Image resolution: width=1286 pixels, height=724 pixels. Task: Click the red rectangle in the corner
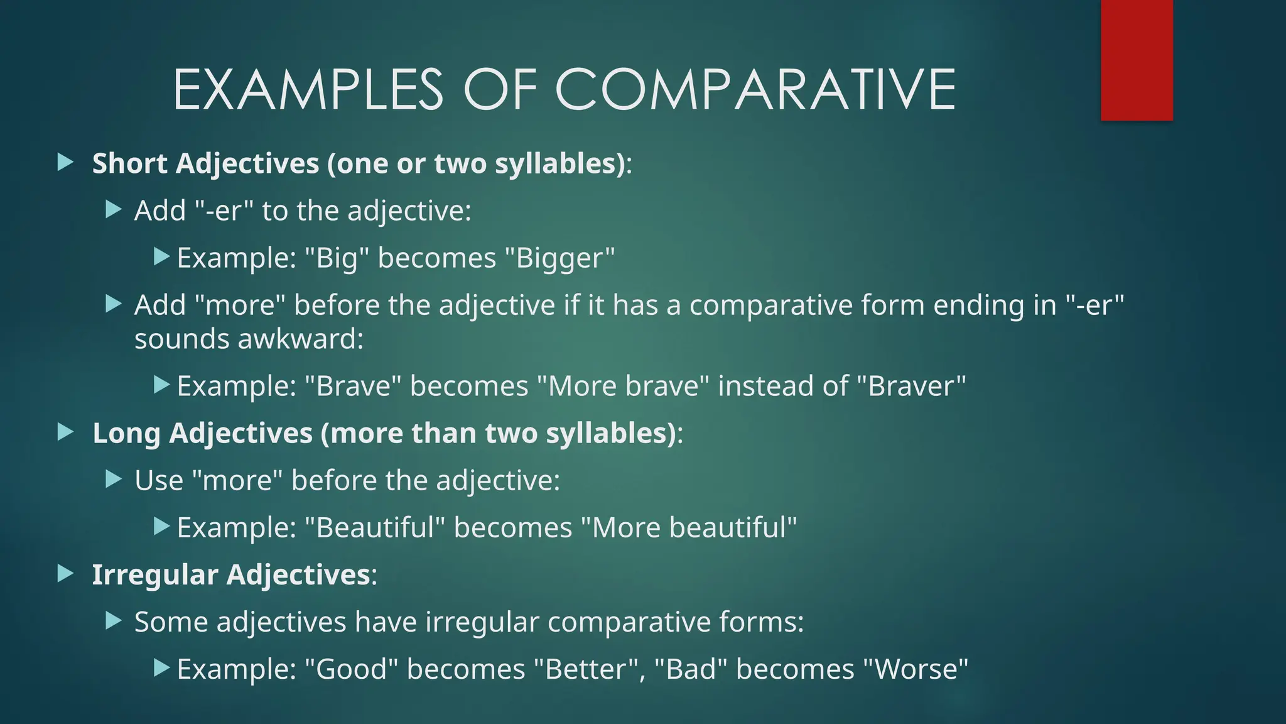tap(1137, 60)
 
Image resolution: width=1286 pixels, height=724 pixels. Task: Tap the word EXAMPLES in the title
tap(308, 90)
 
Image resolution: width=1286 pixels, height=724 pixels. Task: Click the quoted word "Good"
tap(351, 669)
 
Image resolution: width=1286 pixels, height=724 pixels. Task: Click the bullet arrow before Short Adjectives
tap(65, 163)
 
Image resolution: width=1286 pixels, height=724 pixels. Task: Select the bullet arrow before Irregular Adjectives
tap(65, 573)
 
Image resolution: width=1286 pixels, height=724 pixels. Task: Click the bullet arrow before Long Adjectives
tap(65, 432)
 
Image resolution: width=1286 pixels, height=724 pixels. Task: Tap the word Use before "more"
tap(158, 481)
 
